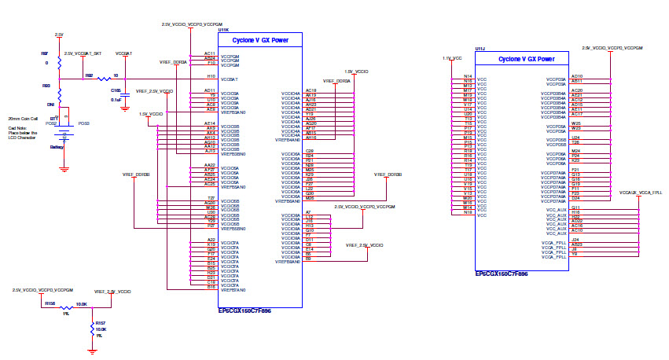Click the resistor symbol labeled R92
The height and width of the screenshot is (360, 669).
point(102,79)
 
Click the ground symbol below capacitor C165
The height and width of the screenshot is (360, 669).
point(123,109)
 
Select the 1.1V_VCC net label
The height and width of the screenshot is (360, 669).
point(451,58)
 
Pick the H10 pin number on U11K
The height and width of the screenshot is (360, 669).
point(211,76)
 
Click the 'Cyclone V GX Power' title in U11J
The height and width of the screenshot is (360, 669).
point(527,60)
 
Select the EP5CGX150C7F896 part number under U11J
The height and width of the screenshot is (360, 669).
point(502,274)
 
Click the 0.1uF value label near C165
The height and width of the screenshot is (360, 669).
point(116,100)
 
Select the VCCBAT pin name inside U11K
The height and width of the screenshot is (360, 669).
point(229,79)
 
